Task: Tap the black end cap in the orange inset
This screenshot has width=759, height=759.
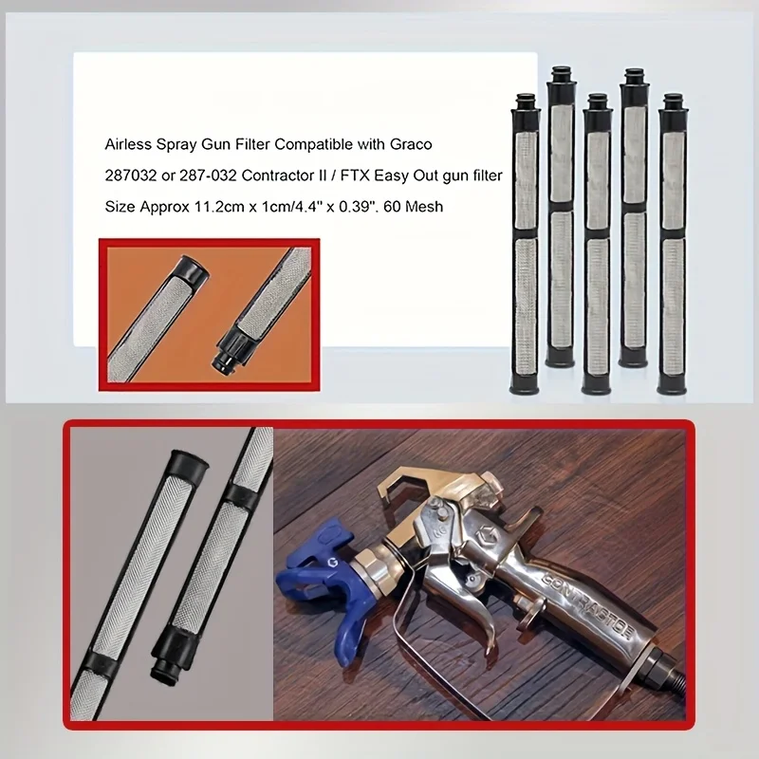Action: [x=194, y=272]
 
